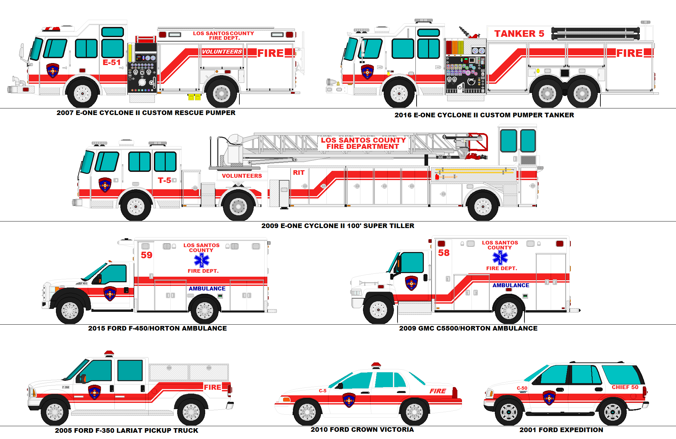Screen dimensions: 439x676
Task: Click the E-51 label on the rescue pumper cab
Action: point(111,62)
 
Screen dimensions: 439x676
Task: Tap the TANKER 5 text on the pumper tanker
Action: point(519,34)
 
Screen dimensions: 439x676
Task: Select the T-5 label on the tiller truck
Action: point(164,180)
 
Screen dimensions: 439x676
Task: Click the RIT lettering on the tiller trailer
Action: point(299,173)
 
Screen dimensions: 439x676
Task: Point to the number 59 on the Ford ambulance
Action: point(147,255)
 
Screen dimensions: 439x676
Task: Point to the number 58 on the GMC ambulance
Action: point(444,253)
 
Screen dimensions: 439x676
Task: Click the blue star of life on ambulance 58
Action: point(500,258)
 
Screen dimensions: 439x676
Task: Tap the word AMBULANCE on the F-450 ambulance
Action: point(207,289)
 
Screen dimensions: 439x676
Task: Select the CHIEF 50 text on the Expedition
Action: point(625,387)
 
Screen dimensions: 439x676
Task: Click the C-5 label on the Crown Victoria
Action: point(323,391)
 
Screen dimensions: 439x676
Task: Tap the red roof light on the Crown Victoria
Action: point(376,365)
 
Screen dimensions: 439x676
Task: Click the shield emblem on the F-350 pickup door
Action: point(94,392)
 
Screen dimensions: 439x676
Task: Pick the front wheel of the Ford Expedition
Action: point(509,412)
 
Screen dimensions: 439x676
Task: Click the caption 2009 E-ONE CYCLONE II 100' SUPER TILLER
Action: point(338,226)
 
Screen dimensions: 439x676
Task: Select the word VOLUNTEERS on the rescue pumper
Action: point(222,52)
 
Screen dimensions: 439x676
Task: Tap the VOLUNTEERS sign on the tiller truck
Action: point(242,176)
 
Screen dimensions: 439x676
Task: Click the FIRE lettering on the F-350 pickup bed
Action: point(212,387)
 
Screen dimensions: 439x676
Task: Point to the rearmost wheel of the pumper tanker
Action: point(582,94)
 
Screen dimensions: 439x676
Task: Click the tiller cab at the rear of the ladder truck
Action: point(518,145)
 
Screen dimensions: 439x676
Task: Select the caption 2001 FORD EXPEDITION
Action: point(561,430)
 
